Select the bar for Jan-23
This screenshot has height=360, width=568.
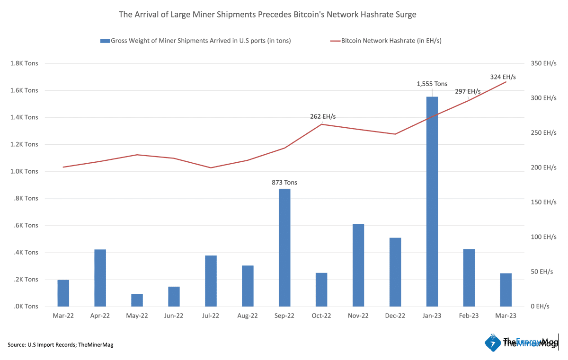(432, 202)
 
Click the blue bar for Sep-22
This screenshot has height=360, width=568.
(284, 247)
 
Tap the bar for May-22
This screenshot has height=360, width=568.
(137, 300)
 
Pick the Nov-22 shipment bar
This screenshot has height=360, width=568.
(358, 265)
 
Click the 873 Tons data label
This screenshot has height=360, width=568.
(284, 182)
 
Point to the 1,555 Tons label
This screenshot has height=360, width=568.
(432, 84)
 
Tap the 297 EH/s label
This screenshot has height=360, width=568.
(468, 91)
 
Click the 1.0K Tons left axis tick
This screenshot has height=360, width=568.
(25, 171)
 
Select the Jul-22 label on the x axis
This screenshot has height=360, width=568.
(211, 316)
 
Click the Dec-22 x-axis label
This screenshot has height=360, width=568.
(395, 316)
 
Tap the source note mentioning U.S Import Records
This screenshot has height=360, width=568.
(61, 345)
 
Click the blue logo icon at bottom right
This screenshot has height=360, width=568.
(493, 342)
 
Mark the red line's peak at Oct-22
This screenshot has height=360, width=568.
(322, 124)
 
